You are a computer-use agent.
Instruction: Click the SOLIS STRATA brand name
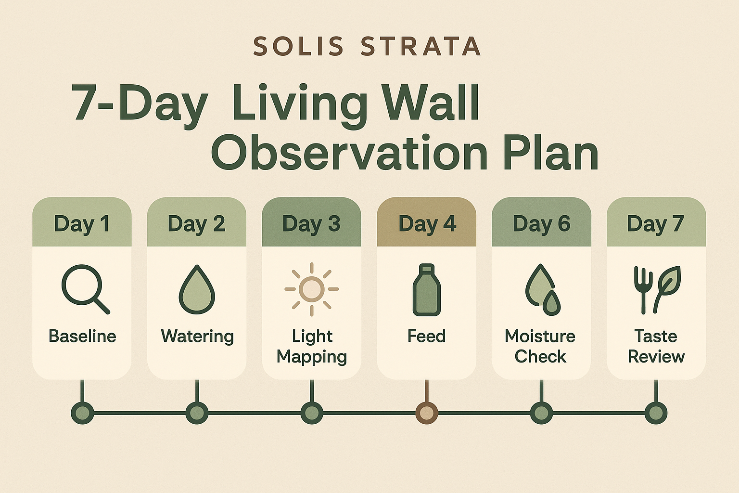pyautogui.click(x=367, y=46)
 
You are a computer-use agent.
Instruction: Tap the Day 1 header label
pyautogui.click(x=82, y=224)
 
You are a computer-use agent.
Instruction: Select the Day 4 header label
pyautogui.click(x=427, y=224)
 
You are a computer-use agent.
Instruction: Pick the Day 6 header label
pyautogui.click(x=541, y=224)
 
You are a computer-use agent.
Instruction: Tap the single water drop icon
pyautogui.click(x=197, y=289)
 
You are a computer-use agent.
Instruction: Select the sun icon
pyautogui.click(x=312, y=289)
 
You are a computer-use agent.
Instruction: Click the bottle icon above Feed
pyautogui.click(x=427, y=290)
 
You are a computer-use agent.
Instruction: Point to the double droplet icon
pyautogui.click(x=542, y=290)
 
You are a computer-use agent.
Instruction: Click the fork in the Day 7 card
pyautogui.click(x=643, y=290)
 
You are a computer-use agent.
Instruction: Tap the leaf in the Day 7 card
pyautogui.click(x=667, y=289)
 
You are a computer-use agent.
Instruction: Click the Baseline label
pyautogui.click(x=82, y=337)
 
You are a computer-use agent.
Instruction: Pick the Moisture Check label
pyautogui.click(x=540, y=346)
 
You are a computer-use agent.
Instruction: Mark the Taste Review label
pyautogui.click(x=656, y=346)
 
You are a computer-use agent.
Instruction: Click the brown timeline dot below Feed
pyautogui.click(x=427, y=413)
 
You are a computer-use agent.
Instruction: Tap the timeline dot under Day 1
pyautogui.click(x=82, y=413)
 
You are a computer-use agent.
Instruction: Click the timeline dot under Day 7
pyautogui.click(x=656, y=413)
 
